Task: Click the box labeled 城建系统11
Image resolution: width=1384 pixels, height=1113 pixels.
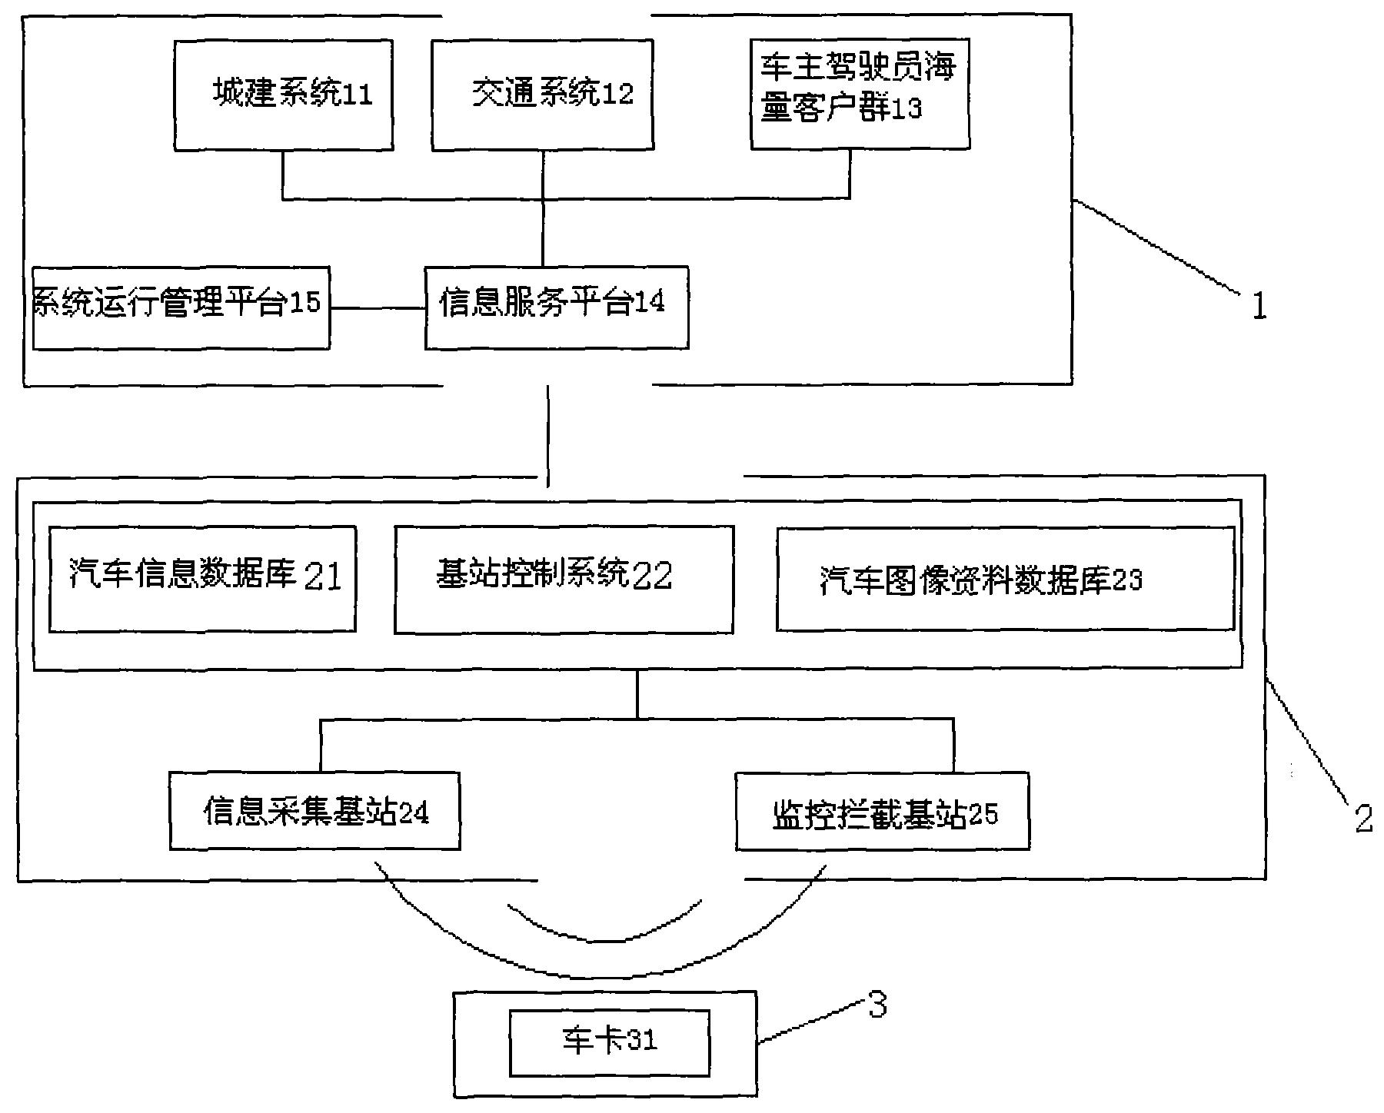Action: pos(283,95)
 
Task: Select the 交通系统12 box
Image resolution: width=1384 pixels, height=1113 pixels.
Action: pos(542,95)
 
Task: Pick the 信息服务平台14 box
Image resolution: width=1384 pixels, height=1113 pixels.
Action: pos(556,307)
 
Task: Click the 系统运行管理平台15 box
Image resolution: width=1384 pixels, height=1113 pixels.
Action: pos(181,307)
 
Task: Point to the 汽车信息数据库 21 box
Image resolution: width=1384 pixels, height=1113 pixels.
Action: pos(202,579)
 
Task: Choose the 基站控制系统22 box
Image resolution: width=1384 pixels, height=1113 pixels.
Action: pos(564,580)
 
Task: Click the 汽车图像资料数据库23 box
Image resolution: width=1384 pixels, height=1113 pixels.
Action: pos(1005,578)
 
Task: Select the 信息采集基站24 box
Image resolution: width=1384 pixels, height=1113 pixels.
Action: pos(314,811)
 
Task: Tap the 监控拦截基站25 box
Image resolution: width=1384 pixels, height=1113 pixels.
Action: pos(882,812)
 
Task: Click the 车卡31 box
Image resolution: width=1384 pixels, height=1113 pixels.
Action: pos(609,1043)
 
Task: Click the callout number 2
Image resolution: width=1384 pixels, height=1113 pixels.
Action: pos(1363,819)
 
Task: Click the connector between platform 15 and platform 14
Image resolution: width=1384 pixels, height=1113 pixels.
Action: pos(378,309)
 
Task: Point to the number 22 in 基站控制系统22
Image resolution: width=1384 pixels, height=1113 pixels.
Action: pos(652,576)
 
